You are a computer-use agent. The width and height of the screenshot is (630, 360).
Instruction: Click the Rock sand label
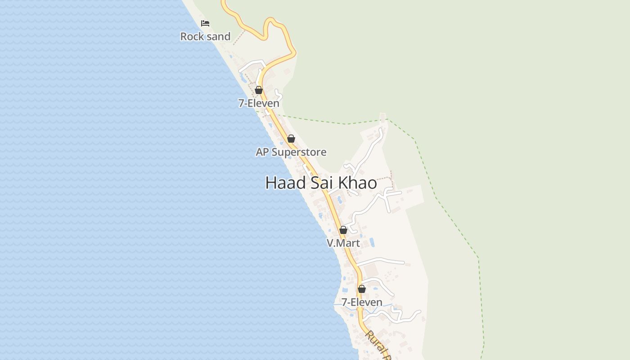tap(205, 36)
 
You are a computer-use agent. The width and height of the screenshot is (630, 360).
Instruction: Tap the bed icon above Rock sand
tap(205, 23)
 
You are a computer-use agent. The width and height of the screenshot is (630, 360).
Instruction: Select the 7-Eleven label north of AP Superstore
tap(259, 103)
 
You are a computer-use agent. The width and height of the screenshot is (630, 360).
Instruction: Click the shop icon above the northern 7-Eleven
tap(259, 90)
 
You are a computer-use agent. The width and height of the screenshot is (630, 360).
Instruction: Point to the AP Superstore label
tap(291, 152)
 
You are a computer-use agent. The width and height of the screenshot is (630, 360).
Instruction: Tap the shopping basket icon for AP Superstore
tap(291, 139)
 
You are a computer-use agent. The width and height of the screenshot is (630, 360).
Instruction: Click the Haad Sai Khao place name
tap(321, 183)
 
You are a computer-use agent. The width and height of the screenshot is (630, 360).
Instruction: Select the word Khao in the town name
tap(357, 183)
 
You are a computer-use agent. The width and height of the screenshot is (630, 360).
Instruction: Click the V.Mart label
tap(343, 243)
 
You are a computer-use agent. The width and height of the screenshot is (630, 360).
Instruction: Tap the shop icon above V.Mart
tap(343, 230)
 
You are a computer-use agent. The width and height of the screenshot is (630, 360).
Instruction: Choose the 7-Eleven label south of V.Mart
tap(362, 302)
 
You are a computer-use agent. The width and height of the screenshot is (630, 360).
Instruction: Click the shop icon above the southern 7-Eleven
tap(362, 289)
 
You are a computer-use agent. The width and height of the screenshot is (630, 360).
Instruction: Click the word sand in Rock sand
tap(218, 36)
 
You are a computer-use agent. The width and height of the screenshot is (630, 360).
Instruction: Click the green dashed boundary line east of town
tap(434, 193)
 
